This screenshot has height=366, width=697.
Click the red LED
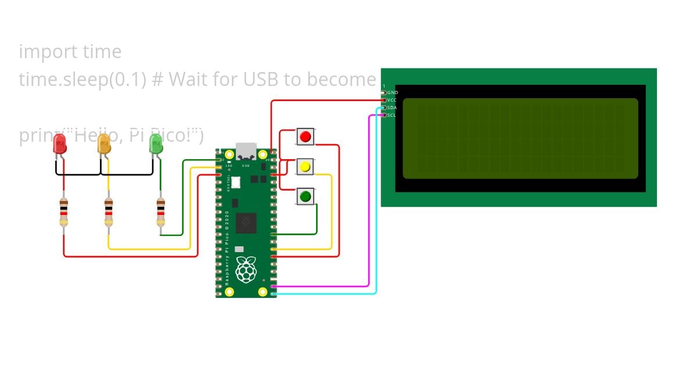pos(60,144)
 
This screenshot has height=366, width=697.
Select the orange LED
pos(104,144)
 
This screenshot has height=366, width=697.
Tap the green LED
pos(156,144)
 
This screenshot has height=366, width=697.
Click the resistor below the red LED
pos(64,213)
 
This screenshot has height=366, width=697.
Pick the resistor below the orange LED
pos(109,213)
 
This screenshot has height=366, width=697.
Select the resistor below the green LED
pos(161,213)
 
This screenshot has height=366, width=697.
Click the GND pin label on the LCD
pos(393,93)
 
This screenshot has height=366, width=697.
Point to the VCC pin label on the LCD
pos(392,101)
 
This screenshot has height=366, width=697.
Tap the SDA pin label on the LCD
pos(392,108)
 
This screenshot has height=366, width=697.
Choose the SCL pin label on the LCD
pos(392,115)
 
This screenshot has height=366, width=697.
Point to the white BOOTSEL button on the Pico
pos(236,182)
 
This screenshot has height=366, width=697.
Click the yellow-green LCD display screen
pos(520,138)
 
